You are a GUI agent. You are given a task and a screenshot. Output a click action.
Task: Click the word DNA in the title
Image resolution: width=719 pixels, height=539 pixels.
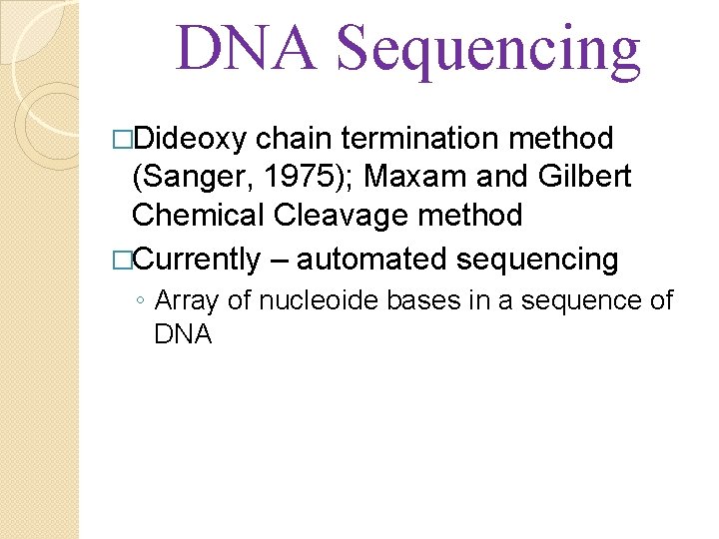pyautogui.click(x=246, y=50)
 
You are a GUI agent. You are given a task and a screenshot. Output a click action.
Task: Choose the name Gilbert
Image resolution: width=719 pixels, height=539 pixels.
pyautogui.click(x=586, y=177)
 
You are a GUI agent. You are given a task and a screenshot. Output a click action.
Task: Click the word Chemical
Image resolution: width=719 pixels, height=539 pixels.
pyautogui.click(x=197, y=215)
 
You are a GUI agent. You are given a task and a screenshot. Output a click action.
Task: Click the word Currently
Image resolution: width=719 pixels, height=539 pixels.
pyautogui.click(x=196, y=260)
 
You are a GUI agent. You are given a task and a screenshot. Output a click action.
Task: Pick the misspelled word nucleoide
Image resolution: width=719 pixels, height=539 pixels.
pyautogui.click(x=316, y=300)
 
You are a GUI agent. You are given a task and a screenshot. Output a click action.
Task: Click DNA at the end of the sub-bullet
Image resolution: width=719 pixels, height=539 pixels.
pyautogui.click(x=183, y=334)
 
